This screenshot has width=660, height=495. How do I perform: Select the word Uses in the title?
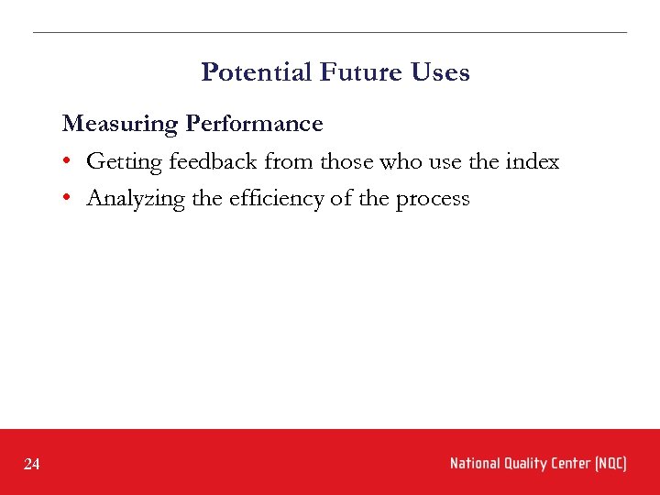click(x=441, y=72)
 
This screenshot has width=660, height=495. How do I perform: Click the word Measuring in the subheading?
click(x=120, y=124)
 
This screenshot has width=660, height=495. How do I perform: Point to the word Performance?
click(x=254, y=124)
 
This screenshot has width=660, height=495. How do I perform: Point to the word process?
click(x=432, y=200)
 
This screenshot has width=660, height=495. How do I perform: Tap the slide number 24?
click(x=32, y=465)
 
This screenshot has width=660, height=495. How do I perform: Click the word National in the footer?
click(x=475, y=464)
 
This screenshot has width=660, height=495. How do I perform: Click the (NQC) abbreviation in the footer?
click(x=611, y=464)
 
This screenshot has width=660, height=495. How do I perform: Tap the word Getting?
click(x=124, y=162)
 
